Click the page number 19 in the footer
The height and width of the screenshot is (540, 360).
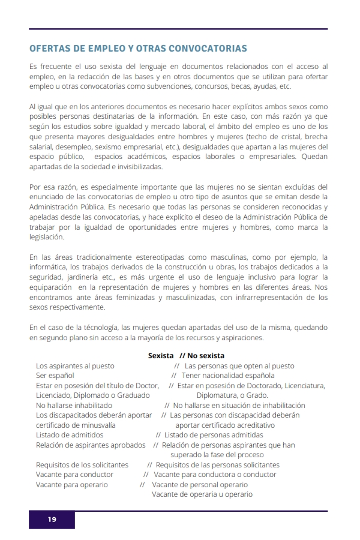tap(52, 520)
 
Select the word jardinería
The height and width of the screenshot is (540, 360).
tap(82, 277)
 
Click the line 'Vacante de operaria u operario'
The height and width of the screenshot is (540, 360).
tap(202, 494)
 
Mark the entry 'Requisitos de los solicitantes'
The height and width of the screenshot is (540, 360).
tap(82, 464)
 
